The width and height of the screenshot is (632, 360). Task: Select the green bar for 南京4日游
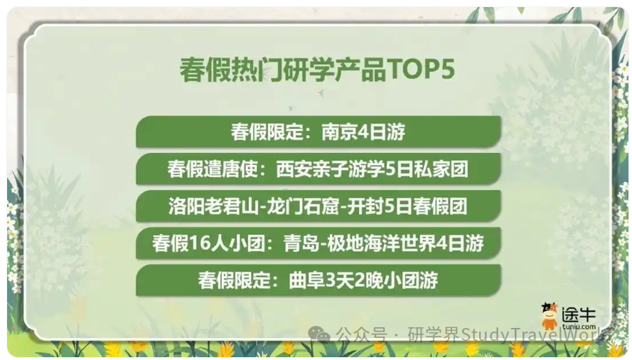pos(318,132)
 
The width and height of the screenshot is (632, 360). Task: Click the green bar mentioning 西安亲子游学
pos(318,169)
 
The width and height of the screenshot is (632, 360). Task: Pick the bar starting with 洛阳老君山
pos(318,206)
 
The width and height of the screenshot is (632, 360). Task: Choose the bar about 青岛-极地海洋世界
pos(318,243)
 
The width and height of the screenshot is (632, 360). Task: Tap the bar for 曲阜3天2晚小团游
pos(318,280)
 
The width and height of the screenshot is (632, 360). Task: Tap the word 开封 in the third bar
pos(370,206)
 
